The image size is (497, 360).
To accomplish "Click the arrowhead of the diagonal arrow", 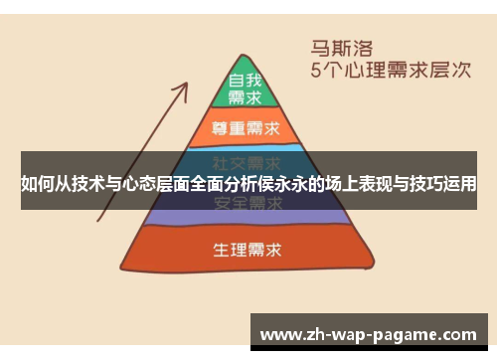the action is tap(185, 89).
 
